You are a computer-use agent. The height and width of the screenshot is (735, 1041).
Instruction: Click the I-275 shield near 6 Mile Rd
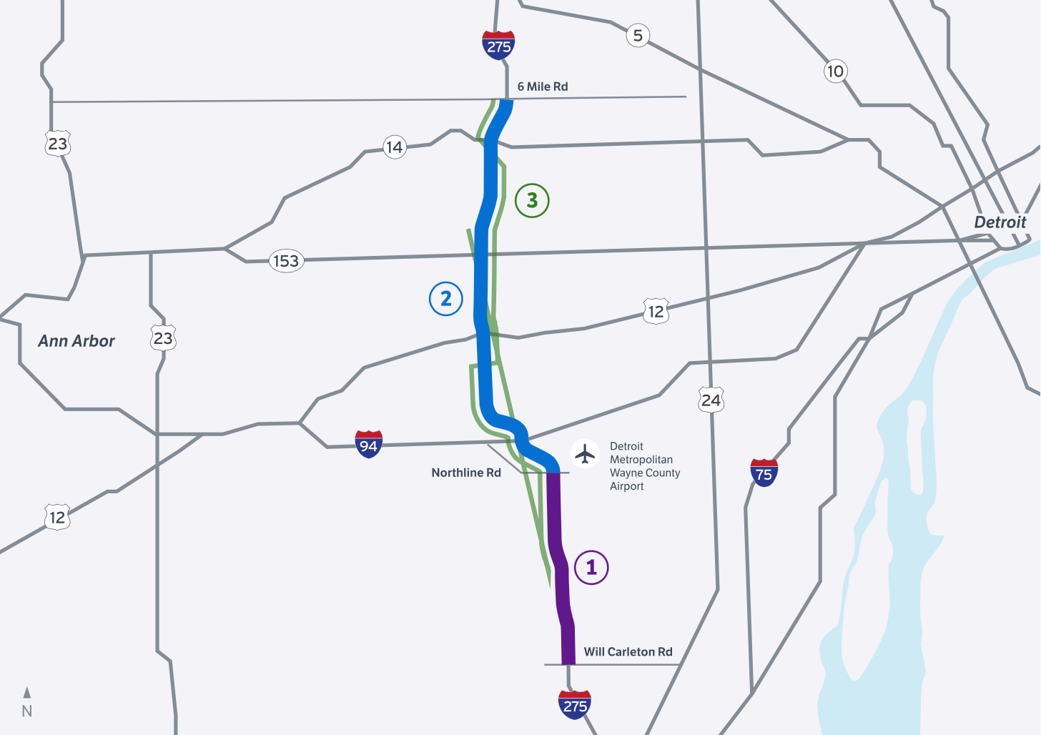498,45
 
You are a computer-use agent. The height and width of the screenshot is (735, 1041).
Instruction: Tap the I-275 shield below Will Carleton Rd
575,705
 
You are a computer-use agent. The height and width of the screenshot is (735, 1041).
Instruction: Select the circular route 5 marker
638,35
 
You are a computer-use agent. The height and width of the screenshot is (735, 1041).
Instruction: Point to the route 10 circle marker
835,71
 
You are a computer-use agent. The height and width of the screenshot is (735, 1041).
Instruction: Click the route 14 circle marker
394,147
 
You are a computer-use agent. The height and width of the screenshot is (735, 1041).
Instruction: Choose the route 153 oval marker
286,261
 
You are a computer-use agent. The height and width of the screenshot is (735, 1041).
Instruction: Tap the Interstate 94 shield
368,445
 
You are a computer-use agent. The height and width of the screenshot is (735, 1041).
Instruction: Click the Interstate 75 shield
764,473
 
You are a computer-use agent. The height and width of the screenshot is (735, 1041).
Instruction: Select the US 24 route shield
711,400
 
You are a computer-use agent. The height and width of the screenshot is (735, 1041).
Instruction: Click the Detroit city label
1000,222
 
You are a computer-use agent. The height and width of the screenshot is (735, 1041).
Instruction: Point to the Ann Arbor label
77,341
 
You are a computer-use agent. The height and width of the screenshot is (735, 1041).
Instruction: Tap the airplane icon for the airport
585,453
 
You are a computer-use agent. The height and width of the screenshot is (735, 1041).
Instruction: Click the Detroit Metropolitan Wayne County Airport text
643,466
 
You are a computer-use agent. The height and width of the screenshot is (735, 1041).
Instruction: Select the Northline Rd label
466,473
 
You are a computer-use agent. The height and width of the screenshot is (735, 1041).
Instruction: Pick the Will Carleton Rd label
628,652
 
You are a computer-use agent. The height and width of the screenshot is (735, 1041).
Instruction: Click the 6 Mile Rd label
543,87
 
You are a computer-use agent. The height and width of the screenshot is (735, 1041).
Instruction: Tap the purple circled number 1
591,568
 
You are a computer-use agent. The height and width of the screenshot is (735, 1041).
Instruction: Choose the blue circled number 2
446,299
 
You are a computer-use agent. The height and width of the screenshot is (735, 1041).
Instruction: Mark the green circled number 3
532,201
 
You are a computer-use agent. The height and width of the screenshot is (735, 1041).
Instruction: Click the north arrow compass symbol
27,701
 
